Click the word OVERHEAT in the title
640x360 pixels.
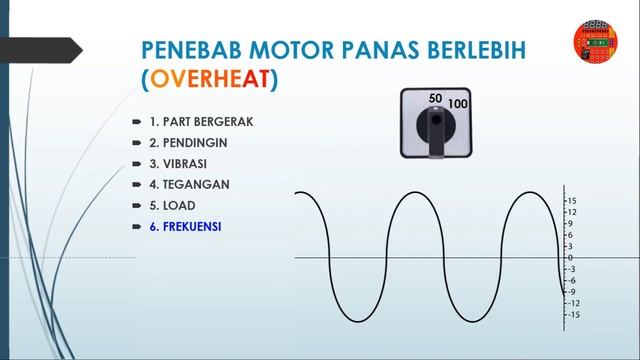213,76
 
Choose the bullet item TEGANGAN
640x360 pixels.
189,184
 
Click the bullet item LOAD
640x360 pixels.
172,205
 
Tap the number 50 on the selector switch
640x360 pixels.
435,98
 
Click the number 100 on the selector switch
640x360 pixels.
459,104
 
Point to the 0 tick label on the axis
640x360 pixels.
570,258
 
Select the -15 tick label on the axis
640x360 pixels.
573,315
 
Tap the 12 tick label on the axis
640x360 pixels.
572,212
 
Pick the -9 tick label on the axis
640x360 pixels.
571,292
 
